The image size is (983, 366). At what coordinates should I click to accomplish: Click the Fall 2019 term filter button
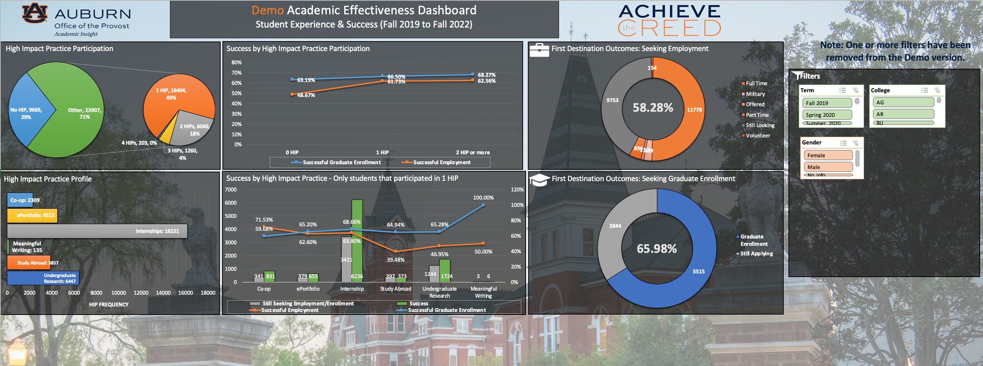tap(827, 103)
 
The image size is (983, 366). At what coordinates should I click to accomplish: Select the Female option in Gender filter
tap(828, 155)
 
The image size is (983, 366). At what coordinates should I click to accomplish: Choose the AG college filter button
tap(903, 103)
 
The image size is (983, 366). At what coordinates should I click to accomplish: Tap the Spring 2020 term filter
tap(827, 115)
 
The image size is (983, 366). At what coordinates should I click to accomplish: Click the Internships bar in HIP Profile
tap(97, 231)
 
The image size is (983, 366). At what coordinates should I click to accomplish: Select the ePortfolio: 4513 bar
tap(32, 215)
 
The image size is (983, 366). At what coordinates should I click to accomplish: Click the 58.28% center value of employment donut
tap(653, 108)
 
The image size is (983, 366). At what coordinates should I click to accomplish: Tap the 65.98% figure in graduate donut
tap(656, 249)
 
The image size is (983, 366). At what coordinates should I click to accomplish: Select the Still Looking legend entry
tap(760, 125)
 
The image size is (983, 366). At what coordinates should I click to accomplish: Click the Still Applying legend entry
tap(756, 254)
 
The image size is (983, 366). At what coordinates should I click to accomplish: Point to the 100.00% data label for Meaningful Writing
tap(483, 198)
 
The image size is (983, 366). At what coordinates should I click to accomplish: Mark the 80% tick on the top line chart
tap(237, 62)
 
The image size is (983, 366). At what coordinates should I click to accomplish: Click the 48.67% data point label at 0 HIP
tap(306, 95)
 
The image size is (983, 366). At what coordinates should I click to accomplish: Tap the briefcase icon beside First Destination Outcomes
tap(539, 50)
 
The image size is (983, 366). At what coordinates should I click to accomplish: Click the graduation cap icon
tap(539, 180)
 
